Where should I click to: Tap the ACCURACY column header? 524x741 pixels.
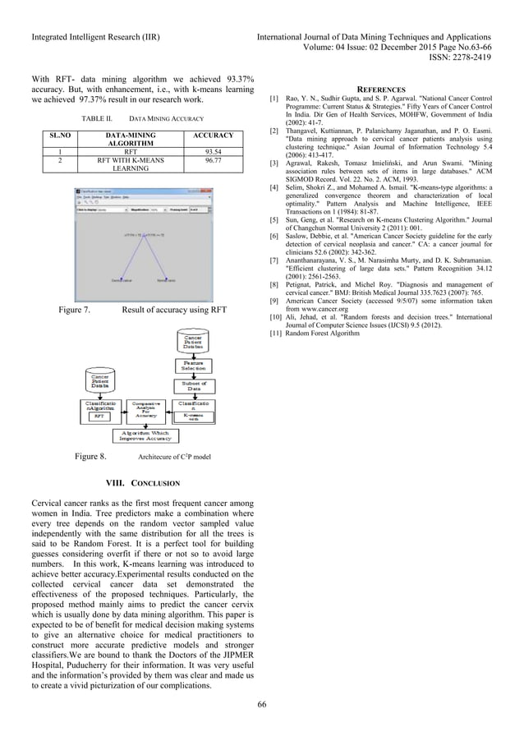(212, 135)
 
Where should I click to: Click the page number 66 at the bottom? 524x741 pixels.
(261, 703)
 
